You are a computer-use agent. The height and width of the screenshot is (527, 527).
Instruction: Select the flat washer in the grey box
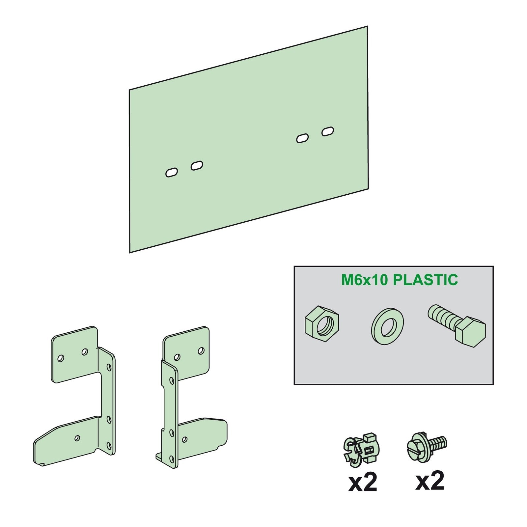pyautogui.click(x=388, y=325)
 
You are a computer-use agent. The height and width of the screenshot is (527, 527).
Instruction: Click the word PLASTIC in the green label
pyautogui.click(x=426, y=280)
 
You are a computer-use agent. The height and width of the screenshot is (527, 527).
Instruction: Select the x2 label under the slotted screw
pyautogui.click(x=430, y=480)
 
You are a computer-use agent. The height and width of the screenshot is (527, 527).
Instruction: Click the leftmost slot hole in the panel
pyautogui.click(x=172, y=173)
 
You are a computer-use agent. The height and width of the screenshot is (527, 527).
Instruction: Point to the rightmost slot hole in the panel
pyautogui.click(x=328, y=132)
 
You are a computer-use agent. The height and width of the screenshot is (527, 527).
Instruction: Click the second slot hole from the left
pyautogui.click(x=197, y=166)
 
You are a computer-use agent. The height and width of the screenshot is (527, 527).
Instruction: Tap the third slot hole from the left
pyautogui.click(x=302, y=138)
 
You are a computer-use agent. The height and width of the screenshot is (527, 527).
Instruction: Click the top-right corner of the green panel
pyautogui.click(x=367, y=26)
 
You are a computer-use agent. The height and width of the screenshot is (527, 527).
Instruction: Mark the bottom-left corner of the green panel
pyautogui.click(x=129, y=253)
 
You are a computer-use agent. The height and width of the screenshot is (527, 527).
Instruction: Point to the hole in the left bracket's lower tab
pyautogui.click(x=77, y=438)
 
